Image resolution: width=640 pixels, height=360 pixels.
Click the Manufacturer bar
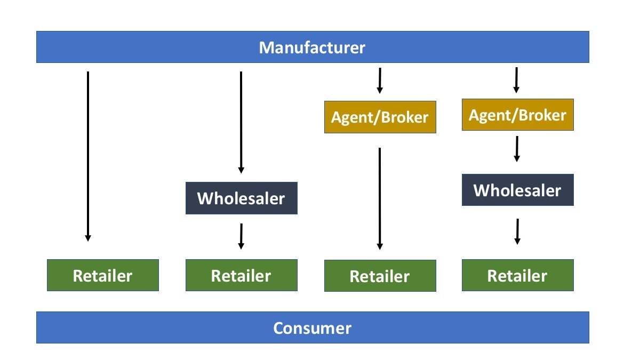coord(313,47)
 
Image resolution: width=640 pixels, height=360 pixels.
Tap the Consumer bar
coord(313,327)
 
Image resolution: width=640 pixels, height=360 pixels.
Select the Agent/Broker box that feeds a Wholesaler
coord(517,115)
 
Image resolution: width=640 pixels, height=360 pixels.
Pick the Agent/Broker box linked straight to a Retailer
coord(380,117)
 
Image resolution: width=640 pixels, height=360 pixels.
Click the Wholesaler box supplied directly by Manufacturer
coord(241,198)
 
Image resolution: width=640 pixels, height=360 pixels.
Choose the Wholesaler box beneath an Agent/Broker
coord(517,190)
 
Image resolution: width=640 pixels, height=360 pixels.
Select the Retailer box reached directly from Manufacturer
coord(102,275)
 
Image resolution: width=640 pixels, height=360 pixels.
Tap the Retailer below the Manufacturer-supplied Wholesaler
coord(241,275)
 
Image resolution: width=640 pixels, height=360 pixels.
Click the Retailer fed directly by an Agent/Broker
coord(380,276)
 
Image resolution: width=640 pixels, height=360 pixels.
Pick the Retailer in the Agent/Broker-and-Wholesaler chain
coord(517,275)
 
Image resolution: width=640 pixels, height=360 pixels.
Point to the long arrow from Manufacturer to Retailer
coord(88,155)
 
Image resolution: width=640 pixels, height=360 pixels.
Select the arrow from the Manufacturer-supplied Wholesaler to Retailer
coord(241,236)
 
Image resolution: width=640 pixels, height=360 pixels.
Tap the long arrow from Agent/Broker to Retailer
coord(380,197)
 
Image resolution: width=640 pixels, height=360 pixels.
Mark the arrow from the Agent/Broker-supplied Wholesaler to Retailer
coord(517,231)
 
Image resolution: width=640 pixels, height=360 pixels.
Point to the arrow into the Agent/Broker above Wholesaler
coord(516,79)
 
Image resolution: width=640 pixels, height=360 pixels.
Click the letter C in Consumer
coord(278,328)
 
